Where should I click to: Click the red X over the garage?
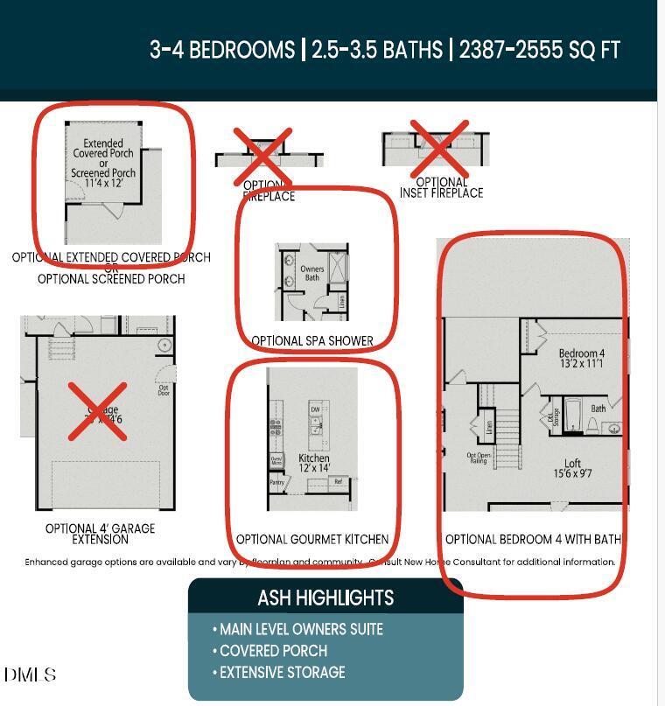coord(97,411)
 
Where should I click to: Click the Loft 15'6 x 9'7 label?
coord(572,469)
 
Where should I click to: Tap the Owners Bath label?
coord(312,273)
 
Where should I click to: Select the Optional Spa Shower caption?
coord(312,340)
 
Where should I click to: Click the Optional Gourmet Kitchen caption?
coord(312,539)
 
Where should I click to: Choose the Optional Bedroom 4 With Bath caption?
coord(533,539)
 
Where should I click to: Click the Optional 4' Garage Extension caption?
coord(100,534)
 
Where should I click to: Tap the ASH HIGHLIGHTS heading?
coord(325,598)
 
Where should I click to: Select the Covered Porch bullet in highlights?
coord(273,651)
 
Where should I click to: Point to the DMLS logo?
coord(30,675)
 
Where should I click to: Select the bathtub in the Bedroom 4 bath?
coord(573,416)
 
